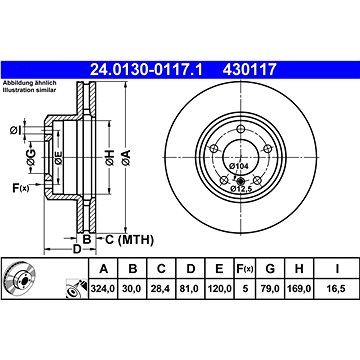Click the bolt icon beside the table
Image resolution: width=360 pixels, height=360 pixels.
tap(72, 291)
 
